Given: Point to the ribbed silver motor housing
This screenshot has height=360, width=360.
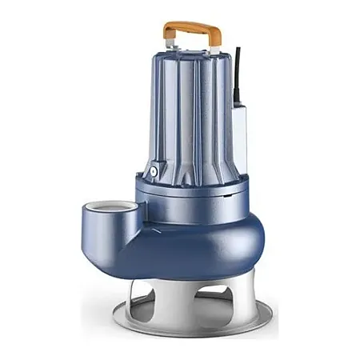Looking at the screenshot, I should (x=192, y=112).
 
